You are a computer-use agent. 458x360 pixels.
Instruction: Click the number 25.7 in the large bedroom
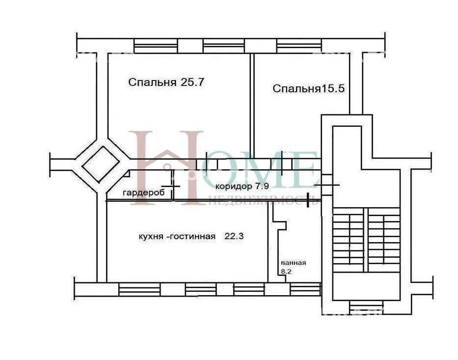pyautogui.click(x=192, y=82)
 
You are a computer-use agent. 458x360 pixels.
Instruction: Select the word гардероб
pyautogui.click(x=144, y=193)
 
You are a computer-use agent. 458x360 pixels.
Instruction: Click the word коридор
pyautogui.click(x=233, y=187)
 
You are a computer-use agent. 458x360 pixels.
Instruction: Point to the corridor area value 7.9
pyautogui.click(x=262, y=186)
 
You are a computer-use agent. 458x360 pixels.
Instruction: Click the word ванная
pyautogui.click(x=293, y=263)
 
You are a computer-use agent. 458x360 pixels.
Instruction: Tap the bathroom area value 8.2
pyautogui.click(x=286, y=271)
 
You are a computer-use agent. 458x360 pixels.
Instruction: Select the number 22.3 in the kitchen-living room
pyautogui.click(x=234, y=236)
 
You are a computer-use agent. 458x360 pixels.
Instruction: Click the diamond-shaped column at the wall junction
pyautogui.click(x=100, y=164)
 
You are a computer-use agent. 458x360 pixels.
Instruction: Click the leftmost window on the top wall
pyautogui.click(x=156, y=46)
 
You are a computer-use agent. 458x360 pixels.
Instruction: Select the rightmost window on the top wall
pyautogui.click(x=299, y=46)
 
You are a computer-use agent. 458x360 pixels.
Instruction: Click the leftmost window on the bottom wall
pyautogui.click(x=140, y=289)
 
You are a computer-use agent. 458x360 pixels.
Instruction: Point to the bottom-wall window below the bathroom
pyautogui.click(x=305, y=289)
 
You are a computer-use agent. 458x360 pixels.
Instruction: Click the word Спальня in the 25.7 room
pyautogui.click(x=152, y=83)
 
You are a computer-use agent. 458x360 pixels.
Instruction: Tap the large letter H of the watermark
pyautogui.click(x=166, y=168)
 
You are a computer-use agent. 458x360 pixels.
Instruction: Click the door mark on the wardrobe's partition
pyautogui.click(x=171, y=186)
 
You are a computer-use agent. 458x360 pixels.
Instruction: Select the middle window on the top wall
pyautogui.click(x=224, y=46)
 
